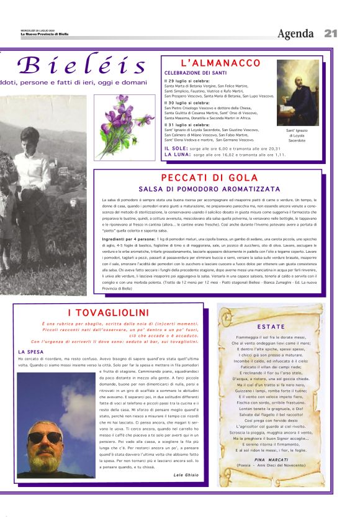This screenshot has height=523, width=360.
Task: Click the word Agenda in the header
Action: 295,34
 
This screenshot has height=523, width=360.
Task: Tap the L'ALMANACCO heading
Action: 212,63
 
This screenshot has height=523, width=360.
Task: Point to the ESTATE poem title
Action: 271,326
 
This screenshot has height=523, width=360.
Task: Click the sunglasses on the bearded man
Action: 45,437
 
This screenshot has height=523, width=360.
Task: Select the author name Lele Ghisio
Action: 187,475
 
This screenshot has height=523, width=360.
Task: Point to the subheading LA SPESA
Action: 30,352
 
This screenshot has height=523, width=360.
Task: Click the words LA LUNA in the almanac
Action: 178,155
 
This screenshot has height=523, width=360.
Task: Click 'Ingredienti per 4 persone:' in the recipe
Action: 129,239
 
